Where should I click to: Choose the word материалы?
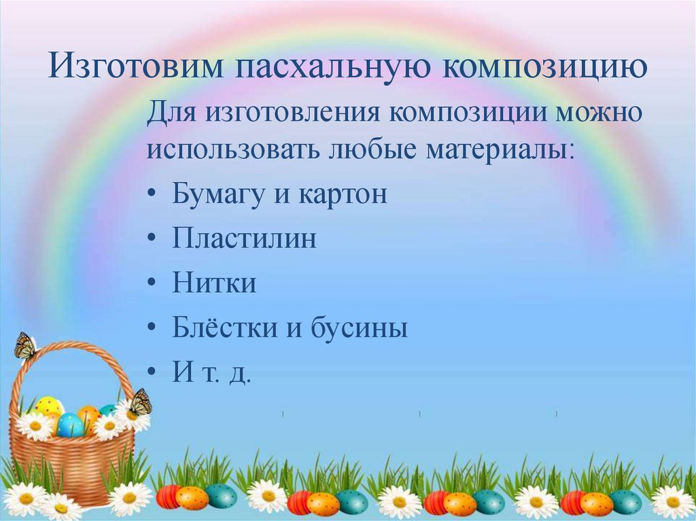point(500,149)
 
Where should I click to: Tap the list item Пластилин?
point(245,239)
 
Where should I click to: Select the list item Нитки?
point(214,283)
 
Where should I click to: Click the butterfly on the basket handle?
point(26,346)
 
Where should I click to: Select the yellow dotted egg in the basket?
point(49,407)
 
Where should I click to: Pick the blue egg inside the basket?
point(70,425)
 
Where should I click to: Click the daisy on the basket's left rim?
point(33,426)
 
